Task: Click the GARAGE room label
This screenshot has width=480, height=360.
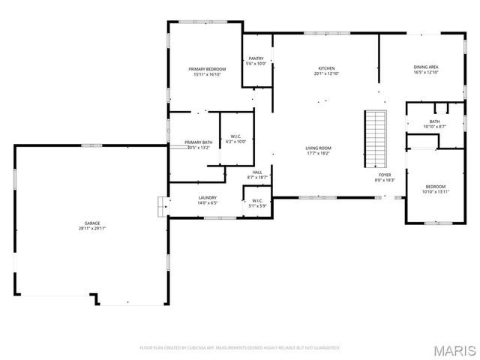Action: click(x=92, y=223)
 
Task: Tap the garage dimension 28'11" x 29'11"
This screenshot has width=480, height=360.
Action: click(x=92, y=228)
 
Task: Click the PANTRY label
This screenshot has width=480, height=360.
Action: click(x=256, y=58)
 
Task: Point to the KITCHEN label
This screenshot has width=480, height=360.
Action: click(x=326, y=68)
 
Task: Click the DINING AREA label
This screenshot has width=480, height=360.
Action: click(x=426, y=67)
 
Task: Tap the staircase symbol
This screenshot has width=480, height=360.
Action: click(x=375, y=139)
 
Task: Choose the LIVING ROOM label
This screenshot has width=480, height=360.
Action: click(x=319, y=148)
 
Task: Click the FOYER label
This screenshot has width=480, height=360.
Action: click(x=384, y=175)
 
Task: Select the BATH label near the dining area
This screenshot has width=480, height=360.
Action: click(x=434, y=121)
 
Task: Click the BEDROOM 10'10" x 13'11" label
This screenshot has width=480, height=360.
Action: click(x=436, y=187)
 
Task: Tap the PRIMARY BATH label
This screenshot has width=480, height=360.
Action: click(x=199, y=142)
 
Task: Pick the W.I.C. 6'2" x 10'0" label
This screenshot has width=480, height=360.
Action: click(x=235, y=136)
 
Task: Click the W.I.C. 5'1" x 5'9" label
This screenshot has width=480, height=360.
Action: click(x=256, y=200)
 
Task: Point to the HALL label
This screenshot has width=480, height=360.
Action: click(x=257, y=172)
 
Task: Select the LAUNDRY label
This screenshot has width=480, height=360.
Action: click(x=206, y=198)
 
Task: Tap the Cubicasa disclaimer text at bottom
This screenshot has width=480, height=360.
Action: click(x=240, y=348)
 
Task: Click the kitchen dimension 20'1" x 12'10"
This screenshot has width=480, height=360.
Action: click(x=326, y=73)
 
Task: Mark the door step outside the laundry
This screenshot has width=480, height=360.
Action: click(x=160, y=206)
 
